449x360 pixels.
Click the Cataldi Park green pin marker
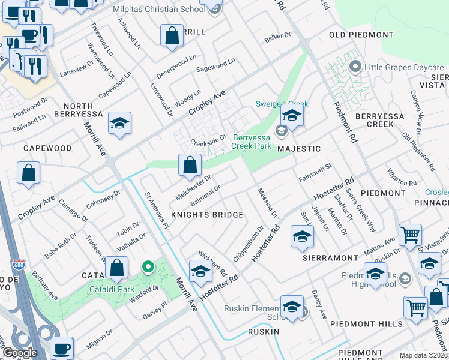tap(147, 266)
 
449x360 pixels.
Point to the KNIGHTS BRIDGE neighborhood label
tap(207, 215)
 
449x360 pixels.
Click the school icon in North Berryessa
tap(120, 124)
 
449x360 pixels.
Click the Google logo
tap(19, 353)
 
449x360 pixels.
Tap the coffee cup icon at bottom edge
tap(61, 348)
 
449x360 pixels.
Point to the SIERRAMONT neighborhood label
tap(330, 257)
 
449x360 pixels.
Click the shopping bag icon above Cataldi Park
tap(118, 267)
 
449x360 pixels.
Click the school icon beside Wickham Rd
tap(200, 271)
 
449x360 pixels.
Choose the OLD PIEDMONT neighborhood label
tap(361, 35)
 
